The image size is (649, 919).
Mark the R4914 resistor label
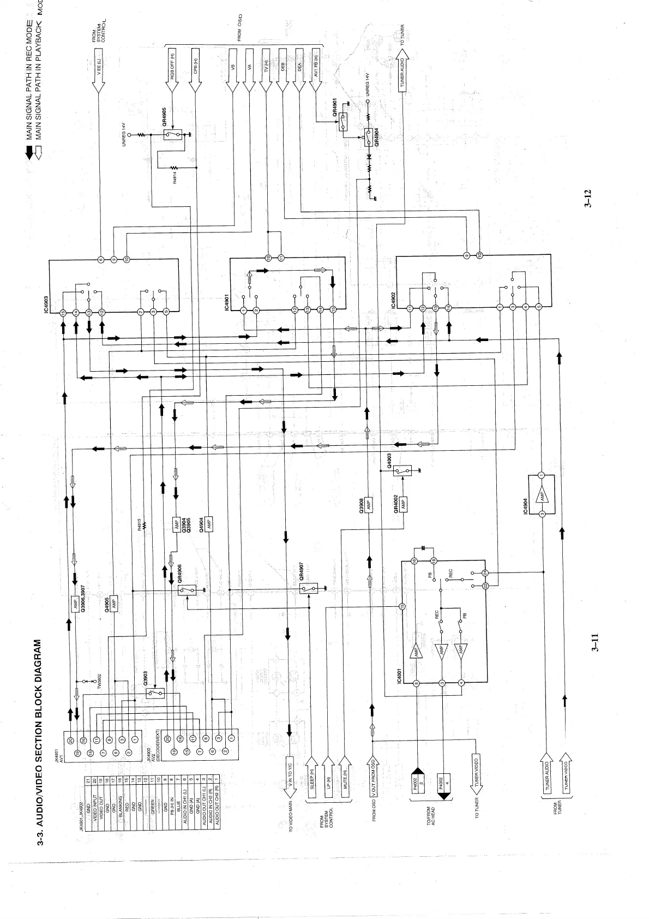pos(175,178)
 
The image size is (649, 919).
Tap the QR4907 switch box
pos(308,588)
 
